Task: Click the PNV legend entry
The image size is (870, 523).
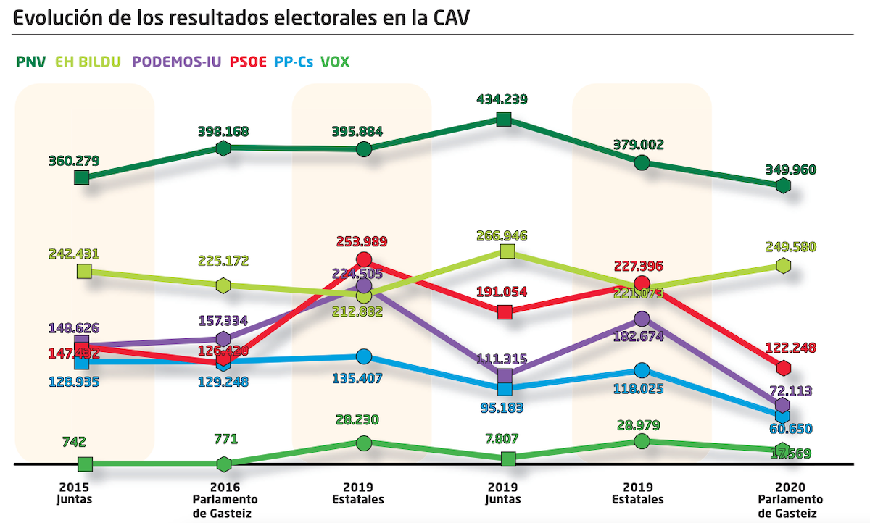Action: [30, 62]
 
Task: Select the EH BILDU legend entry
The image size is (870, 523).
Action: [87, 62]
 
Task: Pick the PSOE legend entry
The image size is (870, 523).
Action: [249, 62]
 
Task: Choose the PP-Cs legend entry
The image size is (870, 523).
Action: [294, 62]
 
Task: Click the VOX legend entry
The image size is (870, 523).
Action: [335, 62]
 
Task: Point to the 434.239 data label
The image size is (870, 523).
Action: [502, 99]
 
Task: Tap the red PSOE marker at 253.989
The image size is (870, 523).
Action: [364, 259]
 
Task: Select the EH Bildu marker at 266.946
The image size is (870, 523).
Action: [507, 251]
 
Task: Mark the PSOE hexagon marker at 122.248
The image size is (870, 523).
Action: [783, 367]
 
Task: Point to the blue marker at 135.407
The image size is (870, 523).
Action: [364, 356]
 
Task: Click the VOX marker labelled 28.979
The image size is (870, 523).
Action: [642, 440]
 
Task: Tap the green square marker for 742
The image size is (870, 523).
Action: [85, 464]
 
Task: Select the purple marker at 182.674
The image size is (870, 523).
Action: [642, 319]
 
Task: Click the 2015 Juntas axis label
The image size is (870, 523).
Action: [74, 493]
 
